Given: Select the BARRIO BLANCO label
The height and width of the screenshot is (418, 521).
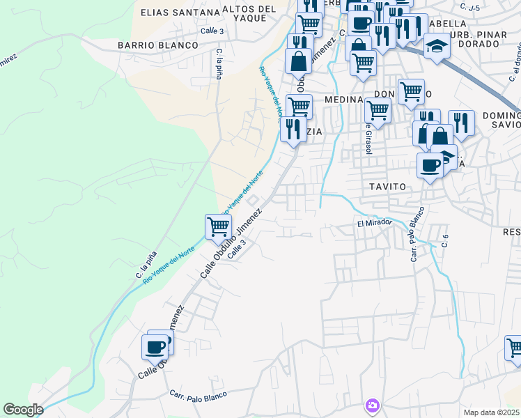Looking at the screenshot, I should coord(157,45).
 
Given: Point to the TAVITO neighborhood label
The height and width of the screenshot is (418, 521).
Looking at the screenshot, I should coord(383,187).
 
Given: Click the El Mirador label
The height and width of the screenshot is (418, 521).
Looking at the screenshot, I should coord(375,224).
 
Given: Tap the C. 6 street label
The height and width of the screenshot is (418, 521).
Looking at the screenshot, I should coord(444,240).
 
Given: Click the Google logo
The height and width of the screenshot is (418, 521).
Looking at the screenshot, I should coord(23,410).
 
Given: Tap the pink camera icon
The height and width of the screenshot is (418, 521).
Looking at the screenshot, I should coord(373,405).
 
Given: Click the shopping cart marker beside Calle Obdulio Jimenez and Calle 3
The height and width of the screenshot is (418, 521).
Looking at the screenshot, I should coord(218,226).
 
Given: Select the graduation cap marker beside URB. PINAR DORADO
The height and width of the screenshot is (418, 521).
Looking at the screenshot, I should coord(437,46).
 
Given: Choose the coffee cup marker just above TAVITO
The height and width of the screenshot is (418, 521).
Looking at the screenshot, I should coord(430,166).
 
